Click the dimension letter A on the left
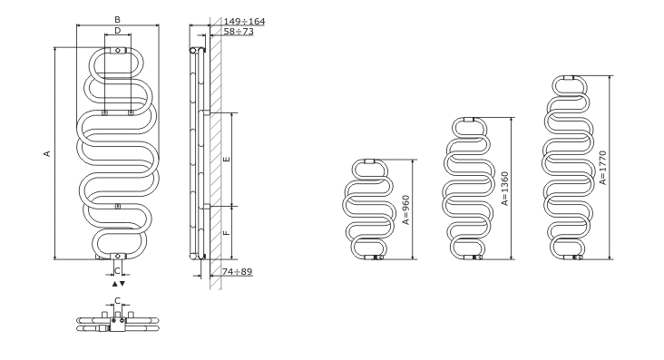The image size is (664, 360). (x=47, y=153)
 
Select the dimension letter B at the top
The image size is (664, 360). (x=117, y=19)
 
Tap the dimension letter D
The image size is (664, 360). (x=118, y=31)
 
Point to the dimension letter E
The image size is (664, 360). (x=227, y=160)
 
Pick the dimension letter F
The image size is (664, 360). (x=227, y=232)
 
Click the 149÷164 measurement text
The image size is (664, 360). (x=244, y=21)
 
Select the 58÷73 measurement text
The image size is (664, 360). (x=239, y=32)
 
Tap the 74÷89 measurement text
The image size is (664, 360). (x=238, y=271)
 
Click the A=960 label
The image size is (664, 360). (x=406, y=209)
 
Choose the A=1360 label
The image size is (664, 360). (x=504, y=189)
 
